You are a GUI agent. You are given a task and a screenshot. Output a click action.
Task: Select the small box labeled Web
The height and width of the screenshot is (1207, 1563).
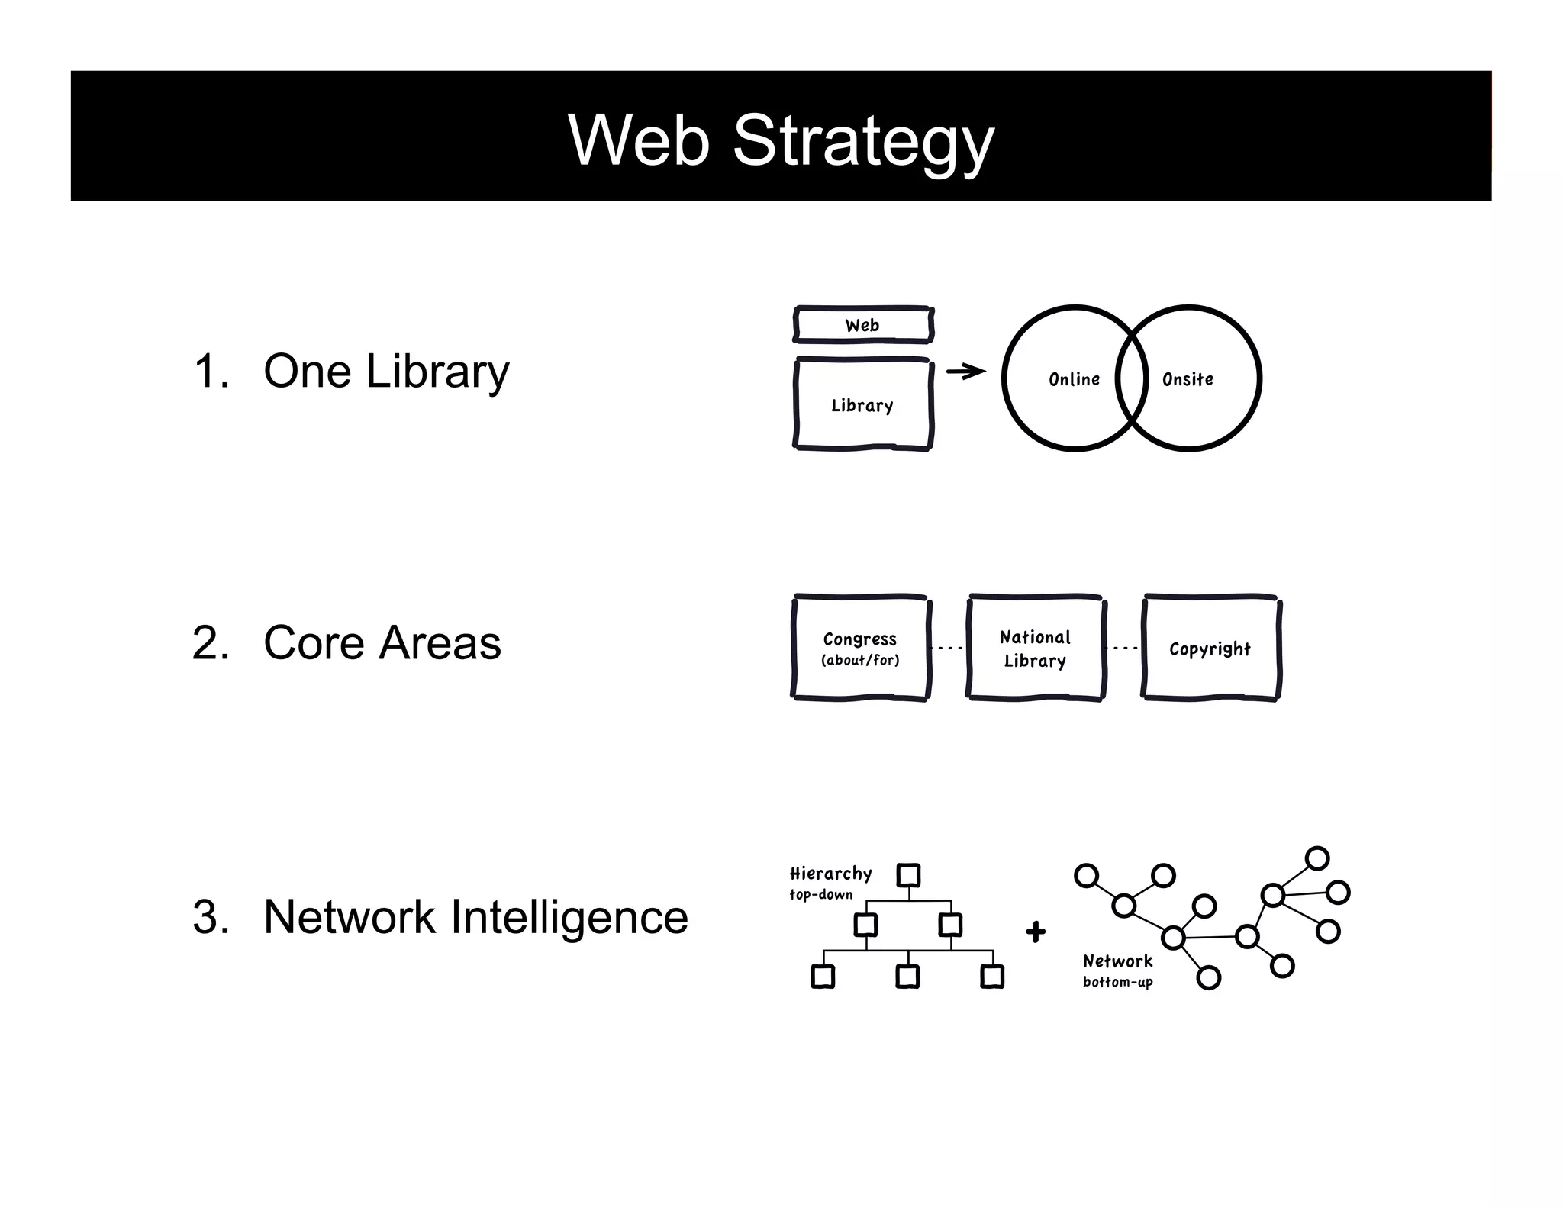click(862, 326)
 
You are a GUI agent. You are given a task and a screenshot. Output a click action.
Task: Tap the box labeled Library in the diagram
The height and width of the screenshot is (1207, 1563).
click(862, 405)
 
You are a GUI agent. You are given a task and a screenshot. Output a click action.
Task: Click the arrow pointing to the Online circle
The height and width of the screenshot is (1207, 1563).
click(965, 372)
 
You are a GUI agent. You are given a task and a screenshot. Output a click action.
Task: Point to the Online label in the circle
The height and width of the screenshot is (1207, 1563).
click(1074, 379)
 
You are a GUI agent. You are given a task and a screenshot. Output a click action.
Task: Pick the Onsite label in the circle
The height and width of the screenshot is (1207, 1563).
click(1188, 379)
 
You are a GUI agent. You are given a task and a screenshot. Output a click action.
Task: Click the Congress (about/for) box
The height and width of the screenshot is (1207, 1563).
click(860, 648)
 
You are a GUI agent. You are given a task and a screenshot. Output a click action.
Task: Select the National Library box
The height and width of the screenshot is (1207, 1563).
click(1035, 648)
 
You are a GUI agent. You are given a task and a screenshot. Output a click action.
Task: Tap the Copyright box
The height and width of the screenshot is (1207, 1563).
click(1210, 649)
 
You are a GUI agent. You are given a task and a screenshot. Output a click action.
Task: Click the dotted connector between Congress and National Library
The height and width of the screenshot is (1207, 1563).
click(948, 648)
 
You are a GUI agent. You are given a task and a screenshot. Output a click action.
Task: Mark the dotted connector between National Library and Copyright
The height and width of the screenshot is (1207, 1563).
click(1123, 648)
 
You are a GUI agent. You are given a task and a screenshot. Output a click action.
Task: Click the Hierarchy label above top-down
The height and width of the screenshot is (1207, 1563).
click(830, 874)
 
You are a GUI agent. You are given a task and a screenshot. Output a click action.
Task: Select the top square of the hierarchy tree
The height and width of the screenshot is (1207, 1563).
click(908, 875)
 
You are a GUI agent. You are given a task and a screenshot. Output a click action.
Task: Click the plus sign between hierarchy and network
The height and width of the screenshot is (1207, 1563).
click(1036, 932)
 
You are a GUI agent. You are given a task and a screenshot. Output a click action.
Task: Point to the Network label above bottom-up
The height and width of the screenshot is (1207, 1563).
click(1117, 961)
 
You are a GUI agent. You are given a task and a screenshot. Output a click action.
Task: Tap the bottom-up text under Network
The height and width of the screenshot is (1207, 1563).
click(1117, 982)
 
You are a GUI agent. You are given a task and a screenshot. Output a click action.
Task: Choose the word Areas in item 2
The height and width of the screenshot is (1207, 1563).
click(440, 642)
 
